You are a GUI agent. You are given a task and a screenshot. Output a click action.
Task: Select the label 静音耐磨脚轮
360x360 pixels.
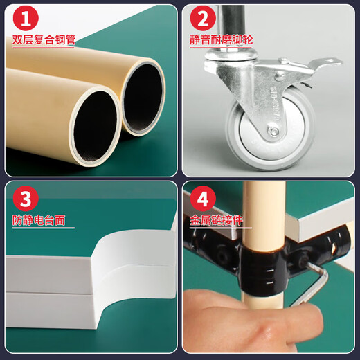pyautogui.click(x=222, y=40)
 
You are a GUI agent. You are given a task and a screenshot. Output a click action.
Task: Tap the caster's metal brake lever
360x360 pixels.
pyautogui.click(x=315, y=66)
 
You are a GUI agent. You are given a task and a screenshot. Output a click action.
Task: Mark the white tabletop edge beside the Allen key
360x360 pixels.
pyautogui.click(x=325, y=239)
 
